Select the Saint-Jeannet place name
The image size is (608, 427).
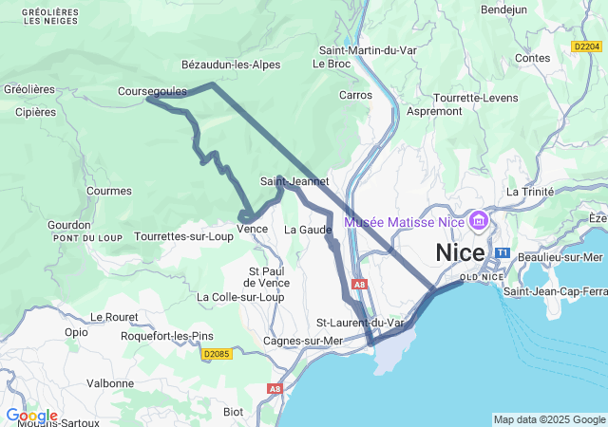[294, 181]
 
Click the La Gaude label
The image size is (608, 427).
[308, 230]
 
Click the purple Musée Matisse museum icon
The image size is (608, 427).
[478, 222]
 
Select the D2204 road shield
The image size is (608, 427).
[587, 46]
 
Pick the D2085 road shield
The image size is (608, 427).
[218, 354]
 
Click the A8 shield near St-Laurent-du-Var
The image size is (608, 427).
[357, 284]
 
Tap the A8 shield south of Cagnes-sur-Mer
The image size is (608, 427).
[275, 388]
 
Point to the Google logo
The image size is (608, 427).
[31, 416]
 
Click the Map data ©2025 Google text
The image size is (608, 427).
[548, 419]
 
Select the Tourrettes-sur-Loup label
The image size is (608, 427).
[184, 236]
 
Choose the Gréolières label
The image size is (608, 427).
[29, 89]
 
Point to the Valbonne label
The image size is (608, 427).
[110, 383]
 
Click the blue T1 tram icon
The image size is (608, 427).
[503, 254]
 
